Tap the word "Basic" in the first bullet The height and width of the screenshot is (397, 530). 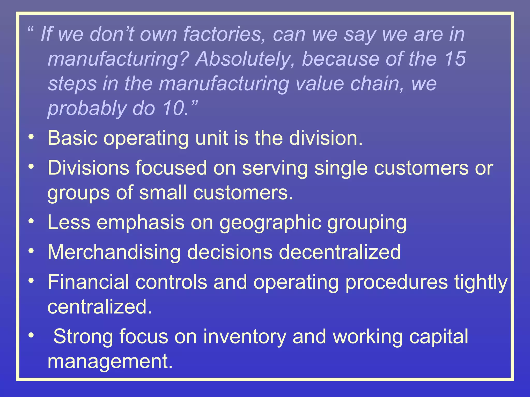pos(72,138)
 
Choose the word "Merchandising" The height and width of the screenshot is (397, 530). pos(114,253)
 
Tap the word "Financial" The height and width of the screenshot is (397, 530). pos(88,282)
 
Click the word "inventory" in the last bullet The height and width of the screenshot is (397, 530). pos(245,337)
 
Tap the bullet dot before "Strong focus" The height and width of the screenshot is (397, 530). pos(31,335)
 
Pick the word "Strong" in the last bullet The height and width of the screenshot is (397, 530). pos(83,337)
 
